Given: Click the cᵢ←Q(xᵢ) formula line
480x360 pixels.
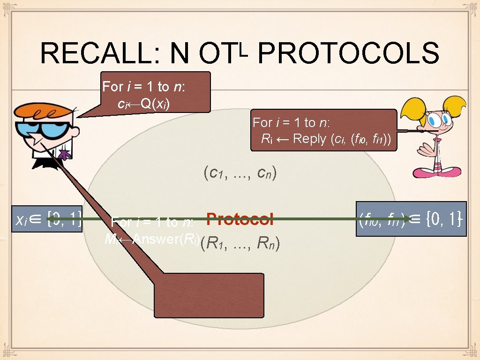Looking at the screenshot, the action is click(144, 103).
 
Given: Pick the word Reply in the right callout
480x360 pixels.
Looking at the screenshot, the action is click(309, 139).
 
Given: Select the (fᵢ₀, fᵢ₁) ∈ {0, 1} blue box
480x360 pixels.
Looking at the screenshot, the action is click(411, 218).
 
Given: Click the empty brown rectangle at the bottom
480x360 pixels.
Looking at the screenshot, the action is click(209, 296).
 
